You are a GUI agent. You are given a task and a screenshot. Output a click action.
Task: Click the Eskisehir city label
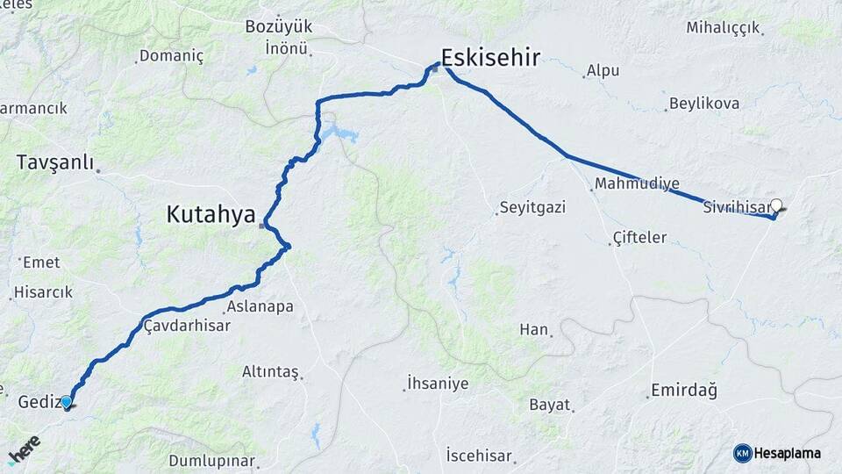[x=490, y=59]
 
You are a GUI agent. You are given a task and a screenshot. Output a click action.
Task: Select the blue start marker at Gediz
[x=67, y=402]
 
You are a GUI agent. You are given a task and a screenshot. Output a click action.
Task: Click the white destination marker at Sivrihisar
[x=775, y=205]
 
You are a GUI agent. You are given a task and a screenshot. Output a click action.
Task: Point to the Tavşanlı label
[x=56, y=163]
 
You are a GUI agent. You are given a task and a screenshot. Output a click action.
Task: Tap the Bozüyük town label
[x=278, y=27]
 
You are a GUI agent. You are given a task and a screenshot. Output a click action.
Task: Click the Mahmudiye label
[x=637, y=184]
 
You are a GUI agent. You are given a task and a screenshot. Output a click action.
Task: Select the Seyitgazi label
[x=532, y=208]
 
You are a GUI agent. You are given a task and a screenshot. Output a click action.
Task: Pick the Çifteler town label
[x=639, y=238]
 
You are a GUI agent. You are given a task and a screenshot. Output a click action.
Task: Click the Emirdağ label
[x=684, y=391]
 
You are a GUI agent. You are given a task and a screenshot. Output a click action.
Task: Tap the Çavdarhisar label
[x=186, y=326]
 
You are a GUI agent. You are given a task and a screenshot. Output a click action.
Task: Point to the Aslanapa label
[x=259, y=307]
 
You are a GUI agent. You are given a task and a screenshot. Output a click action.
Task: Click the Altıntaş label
[x=270, y=372]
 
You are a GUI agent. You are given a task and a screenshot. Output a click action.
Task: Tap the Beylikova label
[x=703, y=104]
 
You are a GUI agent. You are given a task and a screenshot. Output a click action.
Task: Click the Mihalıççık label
[x=723, y=28]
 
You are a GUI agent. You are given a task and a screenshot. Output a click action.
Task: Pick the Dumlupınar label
[x=211, y=461]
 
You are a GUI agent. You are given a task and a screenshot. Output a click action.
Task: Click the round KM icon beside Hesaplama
[x=742, y=453]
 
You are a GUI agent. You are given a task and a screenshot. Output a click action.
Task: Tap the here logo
[x=24, y=449]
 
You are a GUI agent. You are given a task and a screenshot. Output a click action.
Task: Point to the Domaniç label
[x=173, y=56]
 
